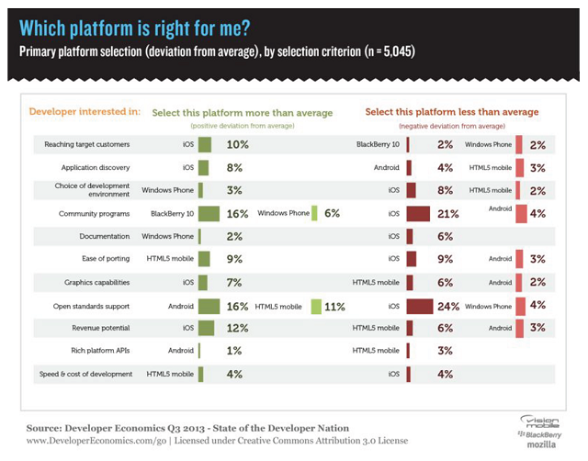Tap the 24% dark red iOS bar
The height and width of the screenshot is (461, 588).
(x=419, y=305)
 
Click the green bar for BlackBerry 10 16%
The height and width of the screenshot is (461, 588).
(x=209, y=213)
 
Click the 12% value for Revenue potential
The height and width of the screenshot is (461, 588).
(x=238, y=328)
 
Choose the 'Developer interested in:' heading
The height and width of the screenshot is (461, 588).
(x=85, y=112)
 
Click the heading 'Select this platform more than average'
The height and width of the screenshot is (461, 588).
(x=243, y=112)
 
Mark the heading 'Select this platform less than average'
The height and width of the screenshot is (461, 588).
(x=451, y=112)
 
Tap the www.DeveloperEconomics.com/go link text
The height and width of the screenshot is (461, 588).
(x=85, y=442)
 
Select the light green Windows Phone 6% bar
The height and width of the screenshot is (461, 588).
(x=314, y=213)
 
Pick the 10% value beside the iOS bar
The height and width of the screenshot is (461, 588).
(x=237, y=145)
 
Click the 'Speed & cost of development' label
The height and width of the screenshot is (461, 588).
(x=86, y=374)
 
